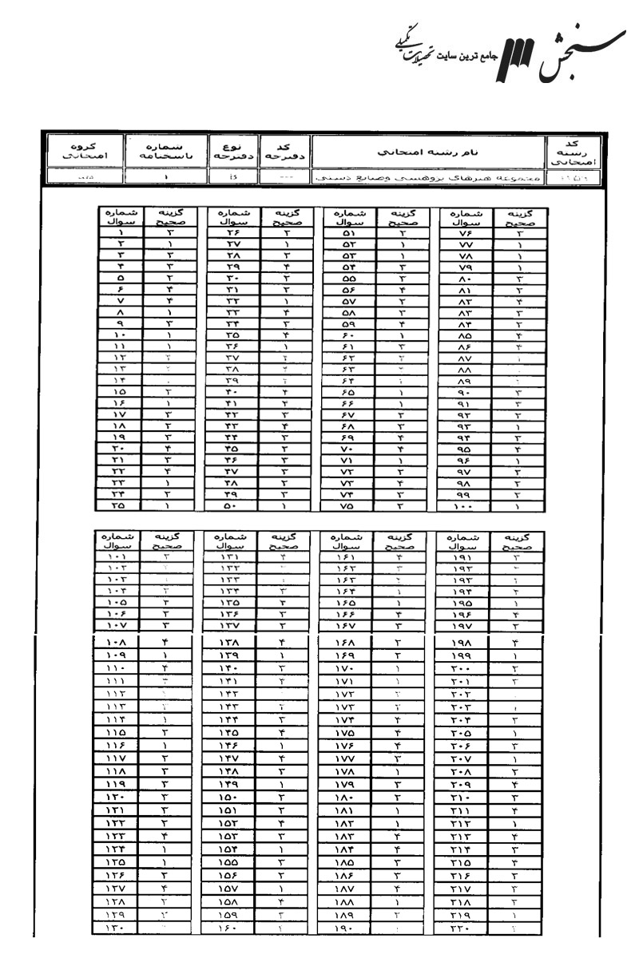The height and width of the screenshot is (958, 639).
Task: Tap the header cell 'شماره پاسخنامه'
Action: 165,149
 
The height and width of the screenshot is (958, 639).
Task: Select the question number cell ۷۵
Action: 348,505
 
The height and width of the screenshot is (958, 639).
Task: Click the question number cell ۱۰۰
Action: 466,505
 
